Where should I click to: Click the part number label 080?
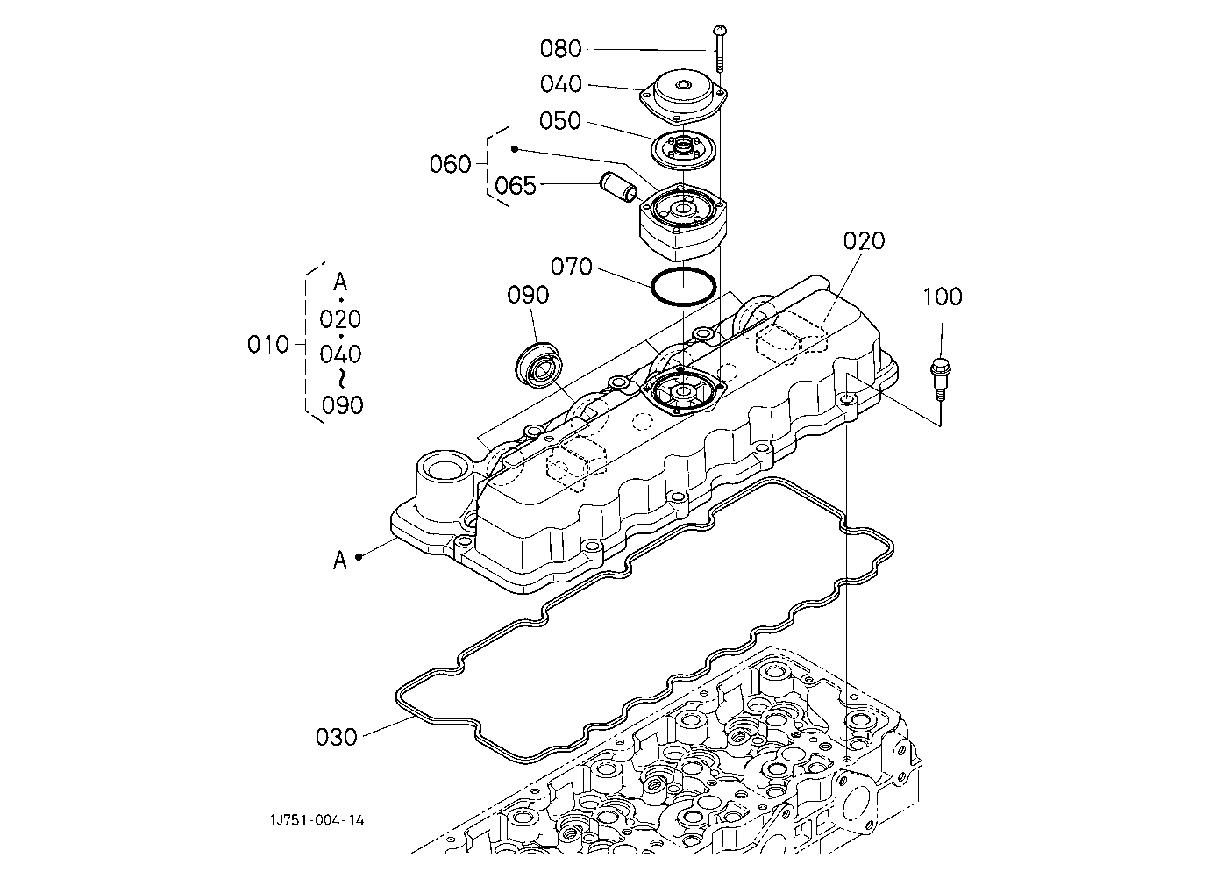(x=560, y=48)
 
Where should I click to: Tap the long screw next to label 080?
(x=720, y=48)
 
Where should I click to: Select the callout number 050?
(x=560, y=121)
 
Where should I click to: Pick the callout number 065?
(x=516, y=186)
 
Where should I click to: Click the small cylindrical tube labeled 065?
(x=619, y=187)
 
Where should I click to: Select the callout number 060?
(x=451, y=164)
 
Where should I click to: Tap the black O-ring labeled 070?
(x=684, y=287)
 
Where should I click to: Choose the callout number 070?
(x=572, y=267)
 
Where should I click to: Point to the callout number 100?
(x=942, y=297)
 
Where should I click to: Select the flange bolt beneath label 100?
(x=941, y=378)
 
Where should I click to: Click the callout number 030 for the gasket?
(x=337, y=738)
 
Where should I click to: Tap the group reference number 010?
(x=268, y=345)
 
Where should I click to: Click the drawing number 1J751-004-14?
(x=317, y=820)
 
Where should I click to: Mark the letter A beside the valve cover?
(x=340, y=560)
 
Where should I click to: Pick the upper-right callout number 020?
(x=865, y=241)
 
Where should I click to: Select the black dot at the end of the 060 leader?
(x=515, y=148)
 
